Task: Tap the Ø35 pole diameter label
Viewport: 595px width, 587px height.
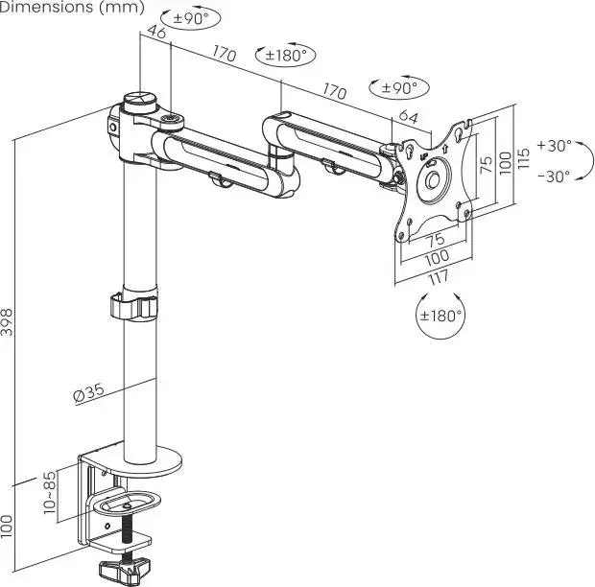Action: pyautogui.click(x=87, y=392)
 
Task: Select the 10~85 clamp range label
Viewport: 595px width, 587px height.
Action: pyautogui.click(x=50, y=492)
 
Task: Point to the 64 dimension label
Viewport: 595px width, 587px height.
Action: pyautogui.click(x=408, y=117)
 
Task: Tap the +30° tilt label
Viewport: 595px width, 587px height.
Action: pyautogui.click(x=554, y=146)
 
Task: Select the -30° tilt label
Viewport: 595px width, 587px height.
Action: pyautogui.click(x=554, y=176)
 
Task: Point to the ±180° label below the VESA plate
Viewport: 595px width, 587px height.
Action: pyautogui.click(x=440, y=315)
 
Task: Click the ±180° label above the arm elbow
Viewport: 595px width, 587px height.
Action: pyautogui.click(x=286, y=56)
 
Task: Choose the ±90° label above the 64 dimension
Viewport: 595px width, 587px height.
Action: pyautogui.click(x=399, y=88)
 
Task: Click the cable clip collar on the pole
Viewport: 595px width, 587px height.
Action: pyautogui.click(x=133, y=309)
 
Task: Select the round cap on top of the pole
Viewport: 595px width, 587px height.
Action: pyautogui.click(x=141, y=99)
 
